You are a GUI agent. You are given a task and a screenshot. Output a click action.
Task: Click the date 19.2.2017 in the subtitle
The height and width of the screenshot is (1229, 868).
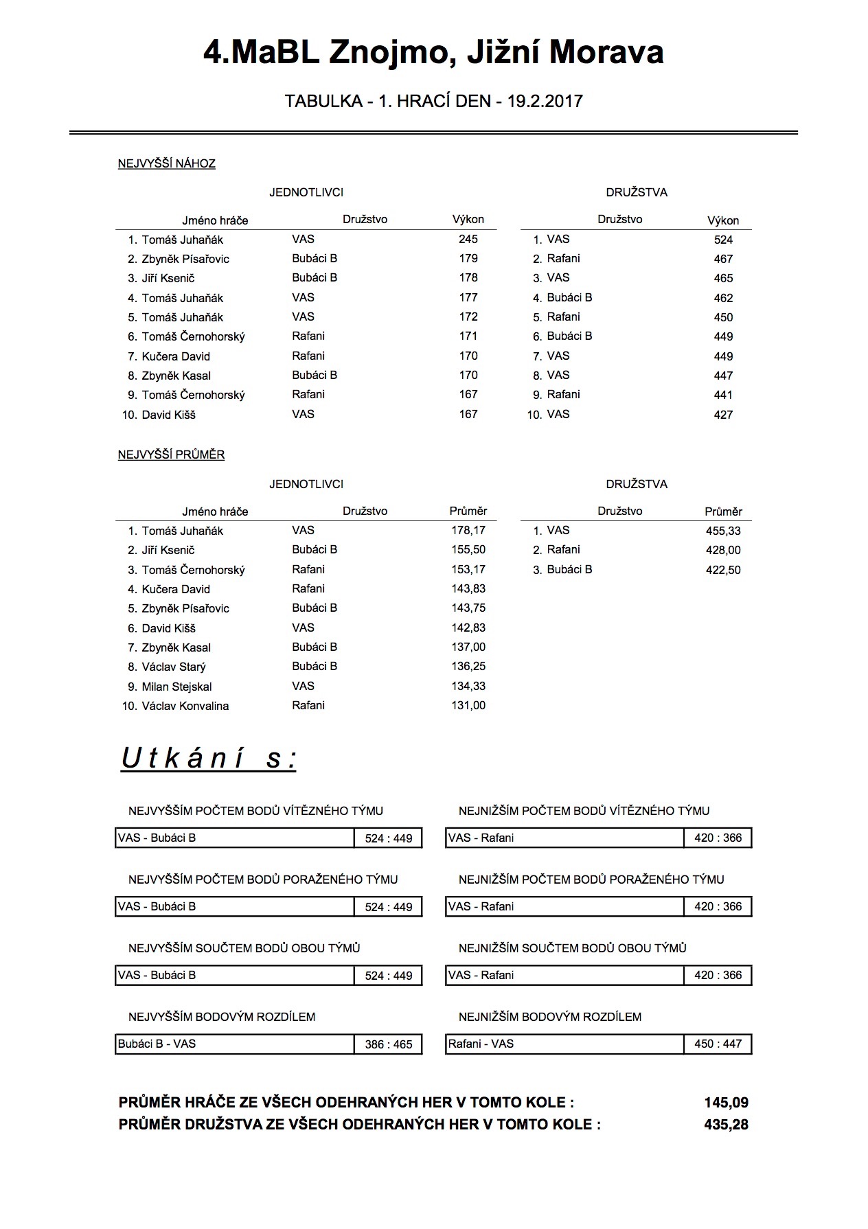point(545,102)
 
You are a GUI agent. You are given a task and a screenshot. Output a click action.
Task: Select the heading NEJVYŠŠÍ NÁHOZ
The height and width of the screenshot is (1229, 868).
point(166,163)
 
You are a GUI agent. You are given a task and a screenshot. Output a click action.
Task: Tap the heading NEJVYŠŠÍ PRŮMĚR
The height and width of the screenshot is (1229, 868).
point(171,455)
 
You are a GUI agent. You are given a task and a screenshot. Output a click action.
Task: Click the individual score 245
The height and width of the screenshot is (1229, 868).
point(468,239)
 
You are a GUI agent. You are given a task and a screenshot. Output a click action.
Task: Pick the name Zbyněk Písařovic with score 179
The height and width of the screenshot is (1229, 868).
point(185,259)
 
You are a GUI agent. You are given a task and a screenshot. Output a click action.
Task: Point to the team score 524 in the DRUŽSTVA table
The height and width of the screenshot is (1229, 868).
point(723,240)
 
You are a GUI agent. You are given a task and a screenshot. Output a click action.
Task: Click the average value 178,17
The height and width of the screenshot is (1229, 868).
point(468,530)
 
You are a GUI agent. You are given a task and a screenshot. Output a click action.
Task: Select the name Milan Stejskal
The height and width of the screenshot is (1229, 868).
point(176,687)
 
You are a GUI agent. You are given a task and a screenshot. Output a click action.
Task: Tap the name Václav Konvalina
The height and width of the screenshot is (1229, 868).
point(185,706)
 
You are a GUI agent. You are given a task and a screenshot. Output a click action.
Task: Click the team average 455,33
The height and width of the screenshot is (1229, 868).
point(723,531)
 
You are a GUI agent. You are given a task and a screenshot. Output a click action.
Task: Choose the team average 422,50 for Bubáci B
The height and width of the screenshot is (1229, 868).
point(723,570)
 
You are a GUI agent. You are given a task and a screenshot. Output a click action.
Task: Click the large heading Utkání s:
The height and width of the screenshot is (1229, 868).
point(209,758)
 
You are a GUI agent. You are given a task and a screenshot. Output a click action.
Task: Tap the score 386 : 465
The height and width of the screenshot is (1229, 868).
point(389,1044)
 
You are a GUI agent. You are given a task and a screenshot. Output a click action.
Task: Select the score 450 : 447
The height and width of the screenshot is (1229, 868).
point(718,1044)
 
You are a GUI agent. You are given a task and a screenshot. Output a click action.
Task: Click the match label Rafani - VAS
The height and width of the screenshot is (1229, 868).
point(481,1044)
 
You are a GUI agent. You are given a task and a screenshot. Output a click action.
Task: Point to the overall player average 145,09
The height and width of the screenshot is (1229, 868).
point(726,1103)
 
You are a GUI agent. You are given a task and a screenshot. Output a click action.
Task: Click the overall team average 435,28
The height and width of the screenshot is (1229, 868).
point(726,1125)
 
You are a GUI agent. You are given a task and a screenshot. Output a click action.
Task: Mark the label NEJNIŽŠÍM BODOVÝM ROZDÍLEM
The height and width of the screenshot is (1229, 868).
point(550,1017)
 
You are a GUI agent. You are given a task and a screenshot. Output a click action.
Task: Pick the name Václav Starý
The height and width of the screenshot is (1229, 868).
point(174,667)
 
